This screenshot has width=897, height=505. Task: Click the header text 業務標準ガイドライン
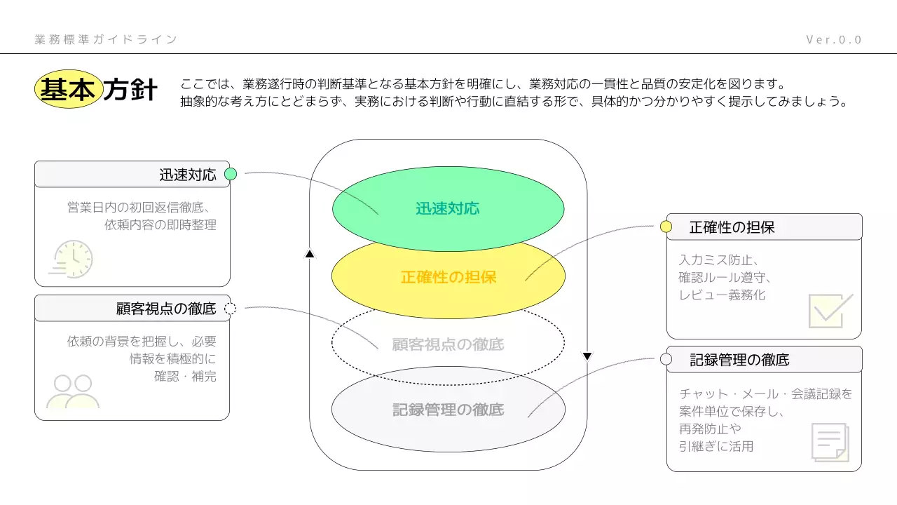106,40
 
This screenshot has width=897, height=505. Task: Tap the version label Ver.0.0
834,40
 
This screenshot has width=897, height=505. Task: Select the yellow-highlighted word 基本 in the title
67,90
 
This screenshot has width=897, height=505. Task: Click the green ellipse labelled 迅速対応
448,208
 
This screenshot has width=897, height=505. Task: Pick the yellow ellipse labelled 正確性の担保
448,277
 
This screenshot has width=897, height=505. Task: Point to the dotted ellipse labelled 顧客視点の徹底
448,345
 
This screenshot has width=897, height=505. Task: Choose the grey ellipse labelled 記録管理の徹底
448,410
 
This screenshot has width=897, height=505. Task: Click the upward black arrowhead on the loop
310,254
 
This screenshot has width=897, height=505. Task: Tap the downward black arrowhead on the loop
587,356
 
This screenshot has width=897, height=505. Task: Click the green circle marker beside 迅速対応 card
231,174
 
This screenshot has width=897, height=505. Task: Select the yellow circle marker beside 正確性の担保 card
666,227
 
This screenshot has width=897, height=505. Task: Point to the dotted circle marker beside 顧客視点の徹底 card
231,308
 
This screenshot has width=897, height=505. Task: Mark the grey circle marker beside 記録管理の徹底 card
666,359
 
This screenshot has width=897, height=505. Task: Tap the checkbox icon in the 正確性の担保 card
830,311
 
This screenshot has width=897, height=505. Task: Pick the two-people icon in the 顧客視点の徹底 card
72,391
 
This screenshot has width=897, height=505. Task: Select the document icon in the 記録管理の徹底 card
830,442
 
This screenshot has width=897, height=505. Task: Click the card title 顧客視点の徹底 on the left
166,309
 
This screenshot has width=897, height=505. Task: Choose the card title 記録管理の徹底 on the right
739,360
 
